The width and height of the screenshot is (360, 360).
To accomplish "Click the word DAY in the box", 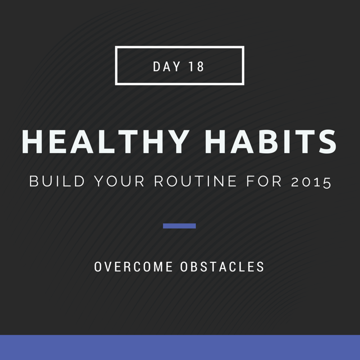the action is [x=166, y=67].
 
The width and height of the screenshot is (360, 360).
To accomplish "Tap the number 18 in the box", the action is [x=196, y=67].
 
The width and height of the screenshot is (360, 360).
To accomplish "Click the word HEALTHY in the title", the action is [x=105, y=141].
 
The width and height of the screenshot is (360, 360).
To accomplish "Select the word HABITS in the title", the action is [x=271, y=141].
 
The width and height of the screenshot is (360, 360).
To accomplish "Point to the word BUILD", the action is [x=57, y=181].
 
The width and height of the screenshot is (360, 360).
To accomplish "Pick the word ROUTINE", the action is [x=195, y=181].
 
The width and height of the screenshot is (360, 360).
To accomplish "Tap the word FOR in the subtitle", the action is [x=264, y=181].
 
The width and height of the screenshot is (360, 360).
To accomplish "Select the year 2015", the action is [x=311, y=182].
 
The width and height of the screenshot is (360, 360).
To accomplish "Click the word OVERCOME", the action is [x=133, y=267].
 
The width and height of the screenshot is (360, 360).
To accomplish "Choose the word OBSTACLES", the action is [x=222, y=267].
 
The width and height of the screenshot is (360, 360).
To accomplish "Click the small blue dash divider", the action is [x=179, y=226].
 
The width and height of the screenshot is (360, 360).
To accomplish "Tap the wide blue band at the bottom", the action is [x=180, y=347].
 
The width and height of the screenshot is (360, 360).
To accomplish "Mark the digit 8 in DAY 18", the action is [x=200, y=67].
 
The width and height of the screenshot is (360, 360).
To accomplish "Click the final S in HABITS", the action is [x=328, y=141].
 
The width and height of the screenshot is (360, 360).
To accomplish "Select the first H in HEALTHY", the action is [x=32, y=141].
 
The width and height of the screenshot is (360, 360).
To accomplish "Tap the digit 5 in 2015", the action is [x=327, y=183].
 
